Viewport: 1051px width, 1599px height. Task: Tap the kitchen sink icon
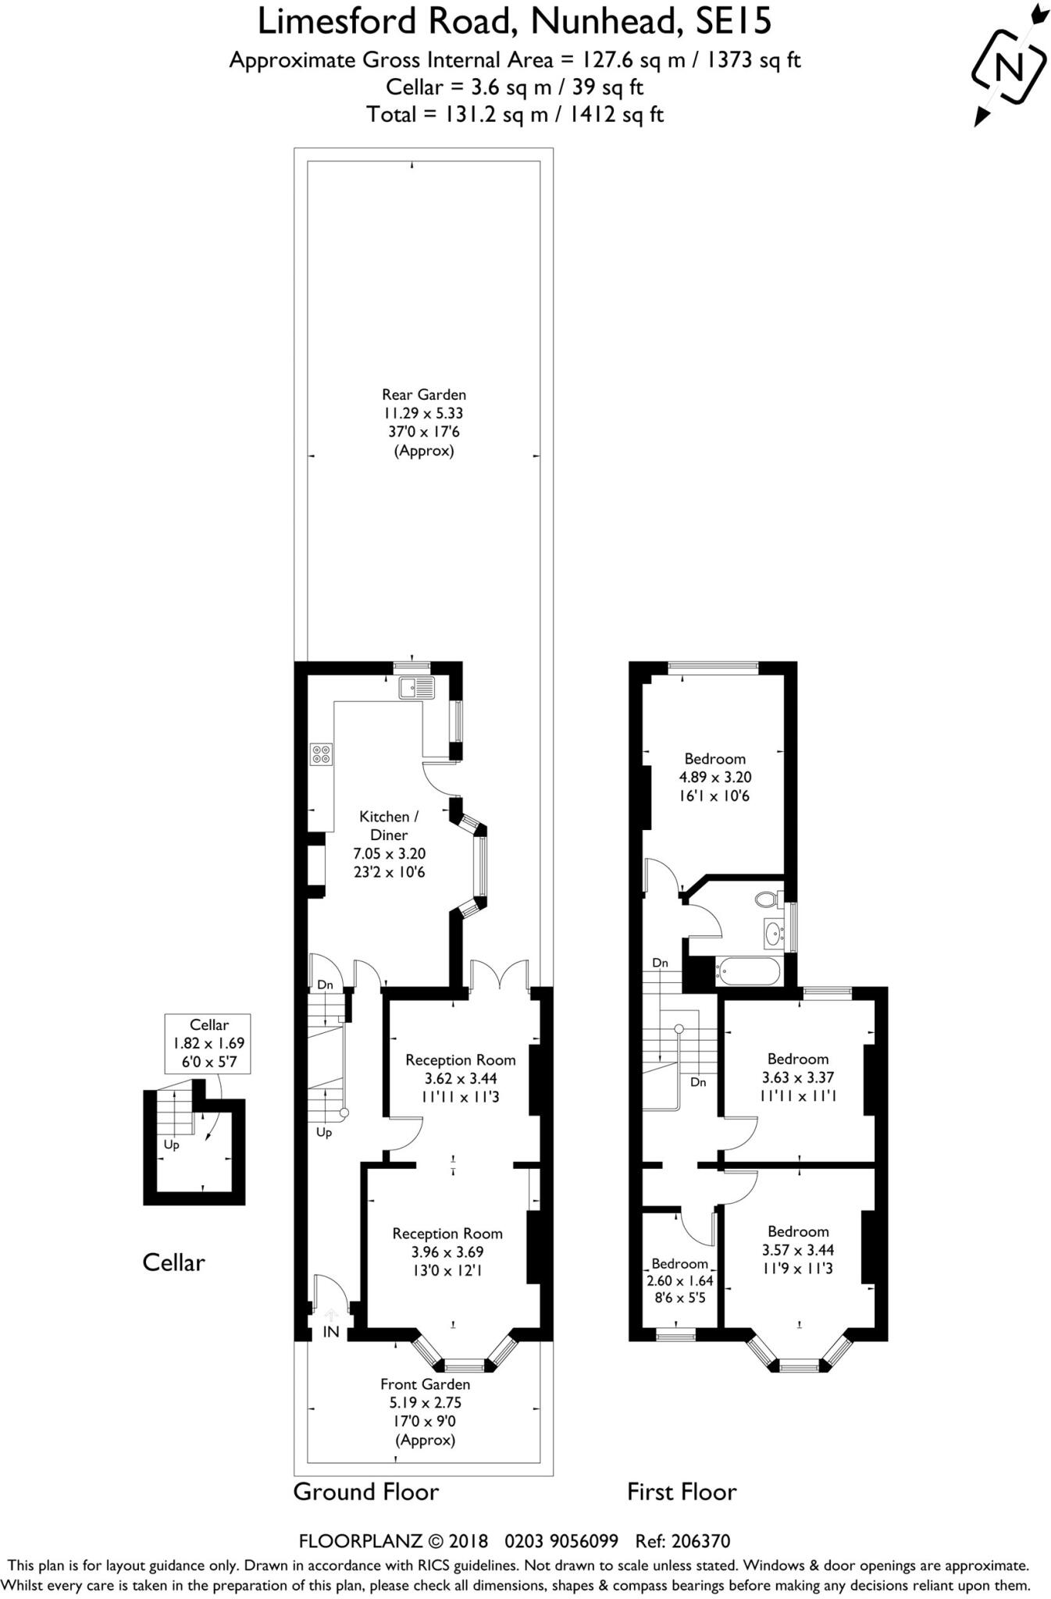pyautogui.click(x=417, y=688)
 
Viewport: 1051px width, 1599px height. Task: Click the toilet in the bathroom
pyautogui.click(x=768, y=899)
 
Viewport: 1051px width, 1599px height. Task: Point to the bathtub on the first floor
pyautogui.click(x=747, y=972)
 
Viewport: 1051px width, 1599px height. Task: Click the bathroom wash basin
pyautogui.click(x=773, y=932)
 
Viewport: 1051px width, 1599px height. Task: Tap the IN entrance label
pyautogui.click(x=331, y=1332)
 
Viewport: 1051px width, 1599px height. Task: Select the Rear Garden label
pyautogui.click(x=424, y=395)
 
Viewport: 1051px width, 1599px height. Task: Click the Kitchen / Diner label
pyautogui.click(x=389, y=825)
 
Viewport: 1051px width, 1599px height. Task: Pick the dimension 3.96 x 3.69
pyautogui.click(x=447, y=1252)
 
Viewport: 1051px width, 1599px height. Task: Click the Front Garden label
pyautogui.click(x=425, y=1384)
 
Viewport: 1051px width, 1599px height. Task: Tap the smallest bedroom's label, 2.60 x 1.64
pyautogui.click(x=680, y=1281)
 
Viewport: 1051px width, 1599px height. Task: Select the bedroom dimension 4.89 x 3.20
pyautogui.click(x=714, y=778)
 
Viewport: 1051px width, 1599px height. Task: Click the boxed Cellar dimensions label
pyautogui.click(x=208, y=1043)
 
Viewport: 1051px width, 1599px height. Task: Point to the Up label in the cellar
pyautogui.click(x=171, y=1145)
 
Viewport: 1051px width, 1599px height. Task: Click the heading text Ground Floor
pyautogui.click(x=365, y=1492)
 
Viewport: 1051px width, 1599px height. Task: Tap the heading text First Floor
pyautogui.click(x=682, y=1492)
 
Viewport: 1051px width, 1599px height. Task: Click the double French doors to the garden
pyautogui.click(x=500, y=976)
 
